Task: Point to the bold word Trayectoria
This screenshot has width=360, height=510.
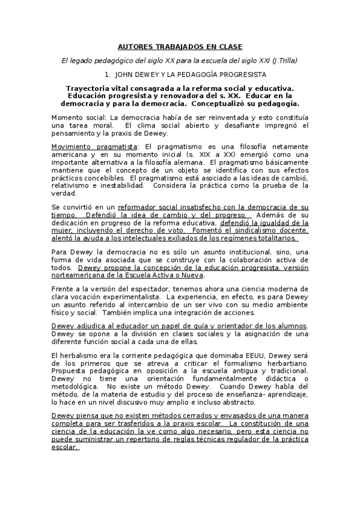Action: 90,88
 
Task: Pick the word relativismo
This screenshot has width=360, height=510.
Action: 76,185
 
